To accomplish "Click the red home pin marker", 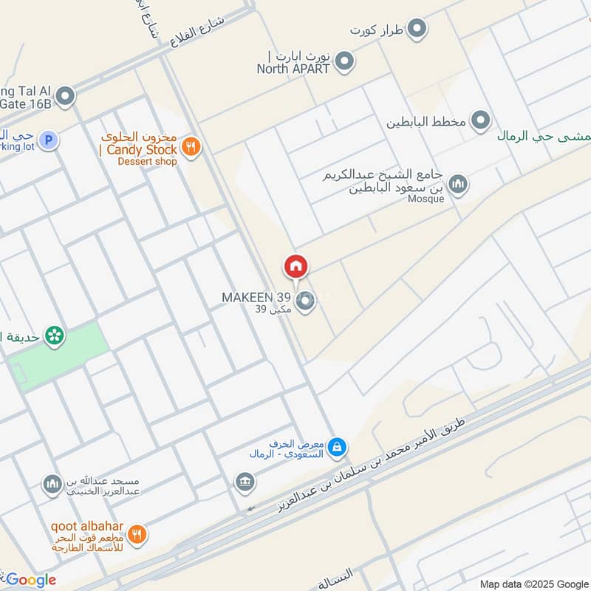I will point(295,267).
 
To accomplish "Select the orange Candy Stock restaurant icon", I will point(191,146).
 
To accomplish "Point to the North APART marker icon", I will point(343,63).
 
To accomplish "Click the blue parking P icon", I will point(49,140).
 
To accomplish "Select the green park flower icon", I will point(54,336).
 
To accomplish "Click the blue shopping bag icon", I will point(337,446).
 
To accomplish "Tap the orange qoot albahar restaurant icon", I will point(136,533).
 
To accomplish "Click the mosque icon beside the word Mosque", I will point(458,184).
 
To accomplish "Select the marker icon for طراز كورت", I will point(417,30).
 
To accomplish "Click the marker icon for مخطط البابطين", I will point(481,119).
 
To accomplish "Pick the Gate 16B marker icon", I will point(66,96).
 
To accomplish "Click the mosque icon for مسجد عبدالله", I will point(52,485).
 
